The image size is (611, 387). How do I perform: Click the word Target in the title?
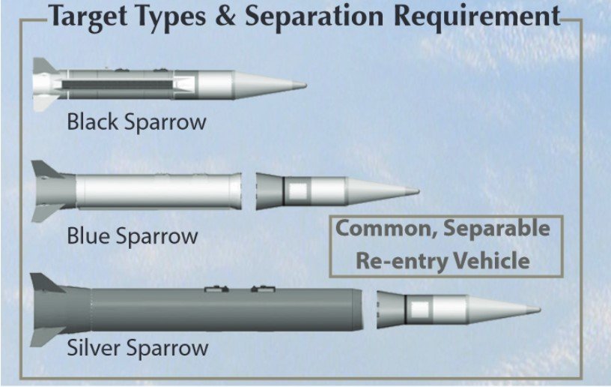[88, 16]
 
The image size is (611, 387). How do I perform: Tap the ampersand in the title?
[225, 16]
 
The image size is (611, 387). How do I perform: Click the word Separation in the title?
[314, 17]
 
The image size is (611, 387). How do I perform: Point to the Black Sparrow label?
[136, 121]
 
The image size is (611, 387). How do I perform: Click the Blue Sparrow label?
[133, 236]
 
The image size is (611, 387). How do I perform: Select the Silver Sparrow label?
[138, 347]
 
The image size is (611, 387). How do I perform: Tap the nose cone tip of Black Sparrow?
[305, 85]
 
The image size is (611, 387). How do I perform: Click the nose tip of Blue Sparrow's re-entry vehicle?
[418, 191]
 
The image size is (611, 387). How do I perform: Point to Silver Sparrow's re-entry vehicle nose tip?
[539, 310]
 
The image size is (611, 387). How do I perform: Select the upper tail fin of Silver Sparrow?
[45, 283]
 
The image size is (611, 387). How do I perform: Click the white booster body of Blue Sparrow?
[158, 191]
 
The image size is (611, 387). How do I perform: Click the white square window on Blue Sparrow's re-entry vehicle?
[299, 191]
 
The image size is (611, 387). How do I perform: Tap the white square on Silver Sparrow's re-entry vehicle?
[420, 310]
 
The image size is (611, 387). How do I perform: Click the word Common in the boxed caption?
[386, 229]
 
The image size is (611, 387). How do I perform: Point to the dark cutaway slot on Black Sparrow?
[117, 85]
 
